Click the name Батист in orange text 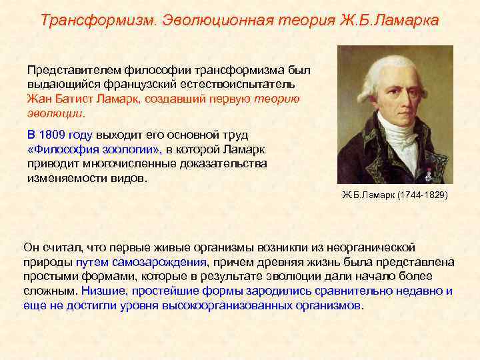(x=91, y=99)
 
